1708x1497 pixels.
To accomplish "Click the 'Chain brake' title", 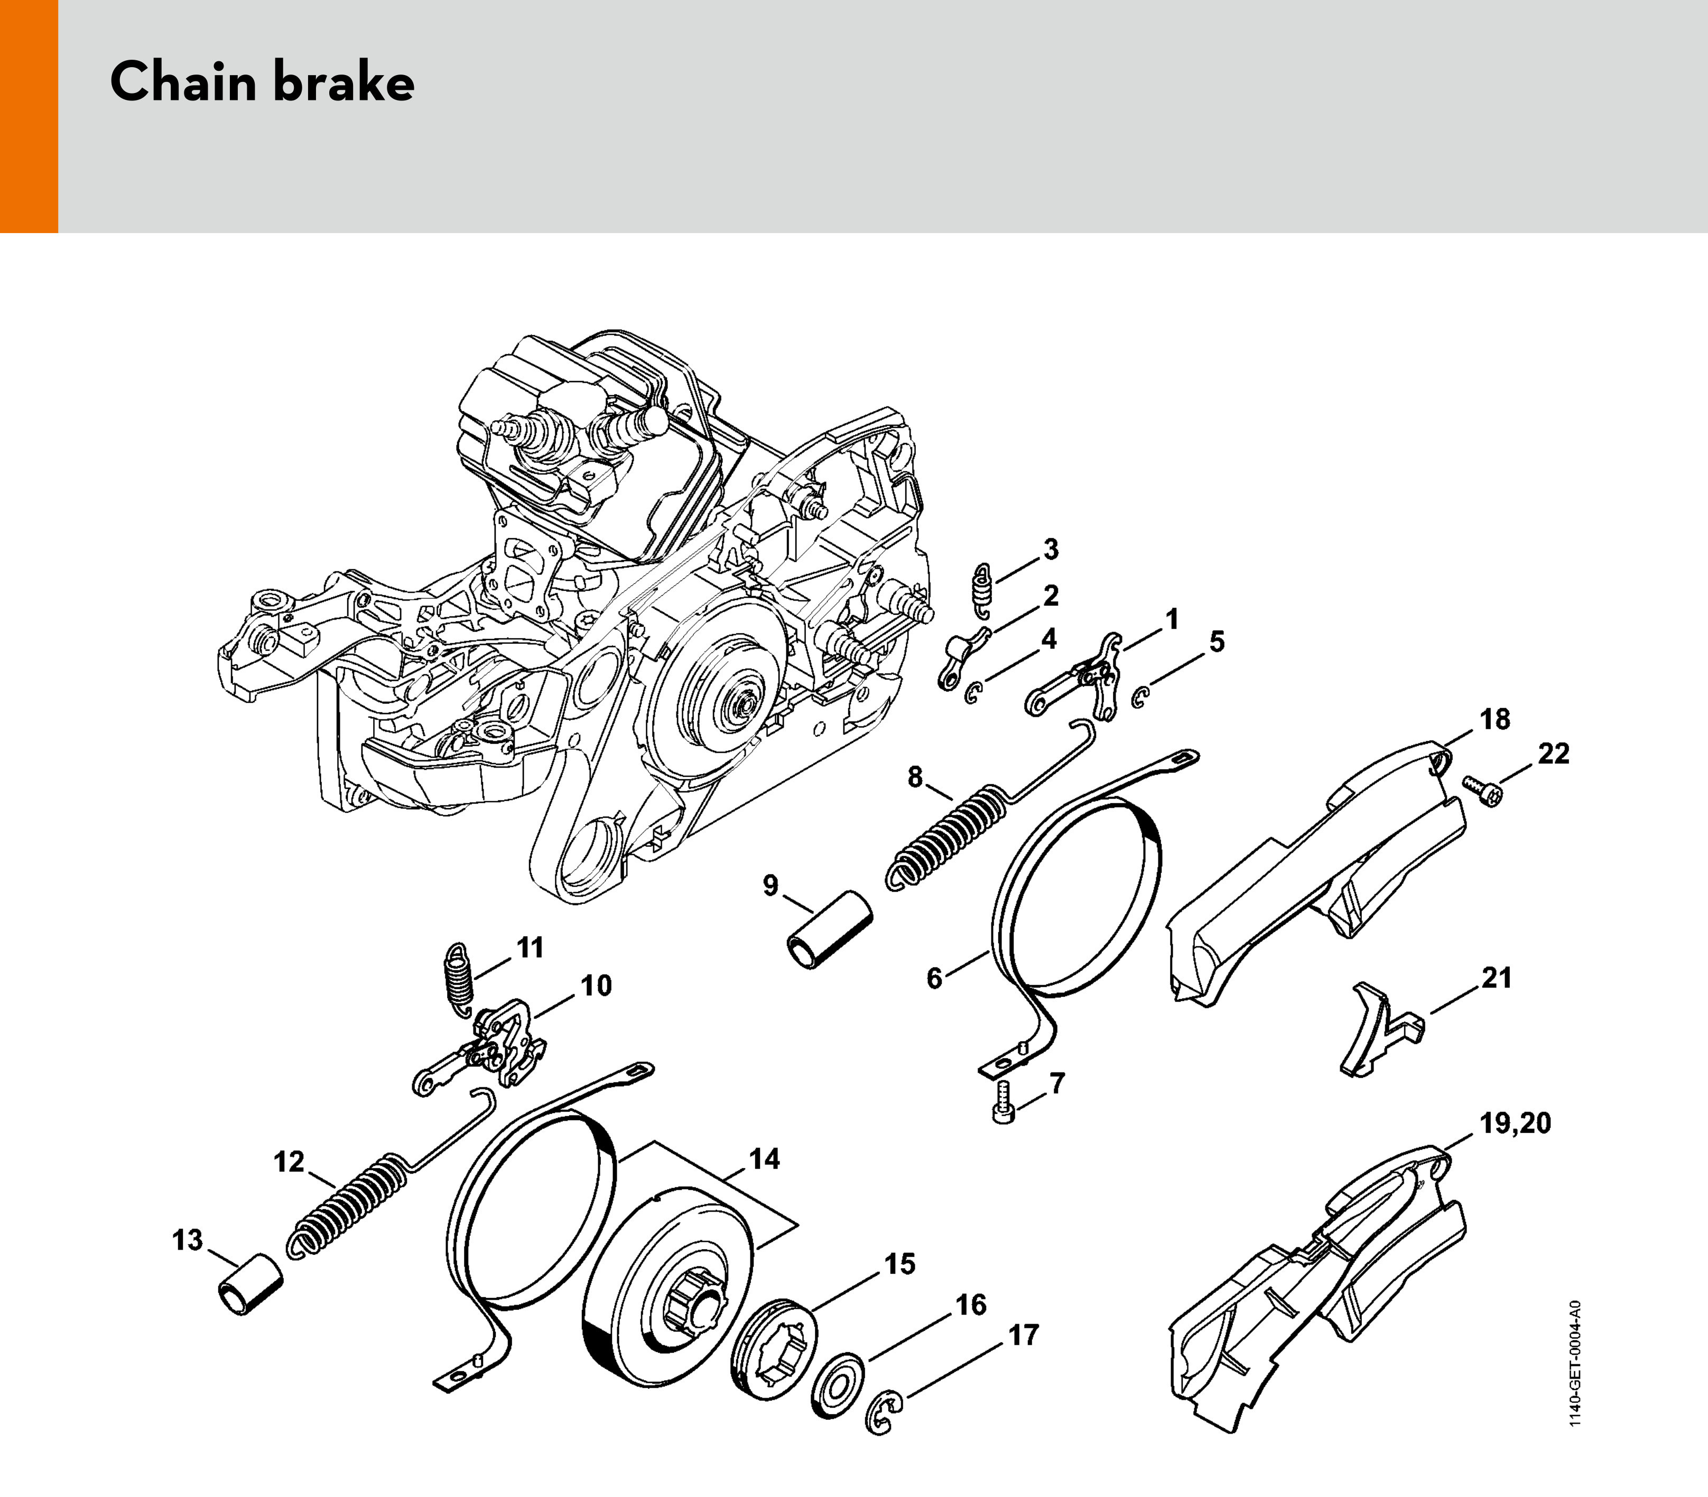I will [x=262, y=82].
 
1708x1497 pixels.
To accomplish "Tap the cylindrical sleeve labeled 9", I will [x=829, y=930].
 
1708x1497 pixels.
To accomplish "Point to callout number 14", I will [x=764, y=1160].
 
